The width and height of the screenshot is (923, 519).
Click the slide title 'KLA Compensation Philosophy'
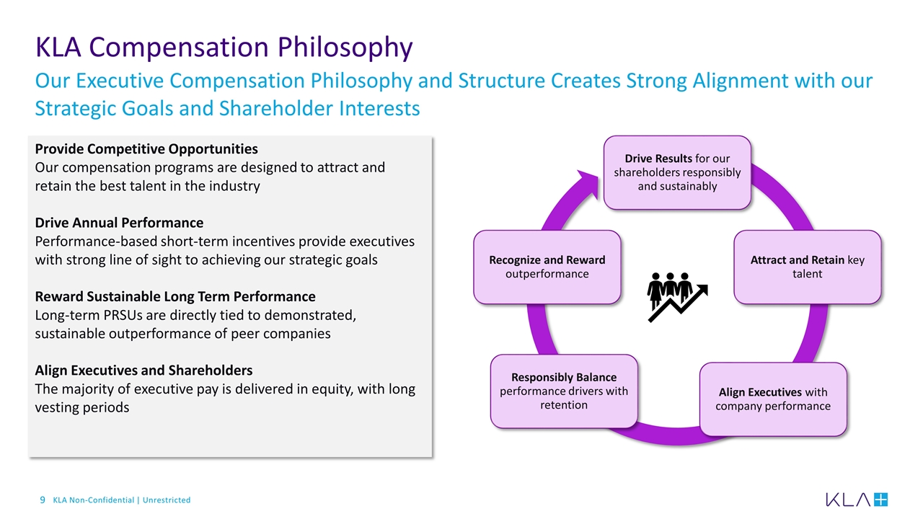224,48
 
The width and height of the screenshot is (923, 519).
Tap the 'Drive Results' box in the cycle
677,172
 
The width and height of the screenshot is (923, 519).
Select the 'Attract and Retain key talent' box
807,267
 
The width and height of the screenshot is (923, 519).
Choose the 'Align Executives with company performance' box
773,399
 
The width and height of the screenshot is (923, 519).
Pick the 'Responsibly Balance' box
564,391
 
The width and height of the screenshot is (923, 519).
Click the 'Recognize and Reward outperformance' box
547,267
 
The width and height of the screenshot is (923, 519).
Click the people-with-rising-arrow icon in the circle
677,296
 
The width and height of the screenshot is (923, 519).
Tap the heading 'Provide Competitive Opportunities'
146,148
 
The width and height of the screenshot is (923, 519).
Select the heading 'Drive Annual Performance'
119,223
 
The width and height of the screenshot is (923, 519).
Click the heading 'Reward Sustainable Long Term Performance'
175,296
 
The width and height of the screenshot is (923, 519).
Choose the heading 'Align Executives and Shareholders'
143,370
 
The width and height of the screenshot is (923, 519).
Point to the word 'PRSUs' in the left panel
123,315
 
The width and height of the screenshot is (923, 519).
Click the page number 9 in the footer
43,500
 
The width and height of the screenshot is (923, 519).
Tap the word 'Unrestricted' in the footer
167,500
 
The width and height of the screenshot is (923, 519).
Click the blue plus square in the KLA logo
880,500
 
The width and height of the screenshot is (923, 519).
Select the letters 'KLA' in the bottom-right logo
848,500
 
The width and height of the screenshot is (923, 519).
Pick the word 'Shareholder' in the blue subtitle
276,109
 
